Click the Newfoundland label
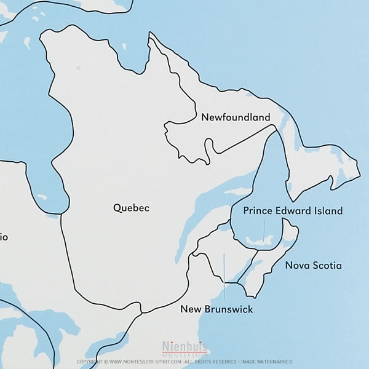pyautogui.click(x=236, y=117)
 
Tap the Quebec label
pyautogui.click(x=131, y=208)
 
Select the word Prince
pyautogui.click(x=257, y=211)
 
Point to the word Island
pyautogui.click(x=328, y=211)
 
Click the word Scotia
pyautogui.click(x=327, y=266)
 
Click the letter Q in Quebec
pyautogui.click(x=117, y=208)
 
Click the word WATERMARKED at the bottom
pyautogui.click(x=276, y=362)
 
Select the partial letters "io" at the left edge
pyautogui.click(x=4, y=237)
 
